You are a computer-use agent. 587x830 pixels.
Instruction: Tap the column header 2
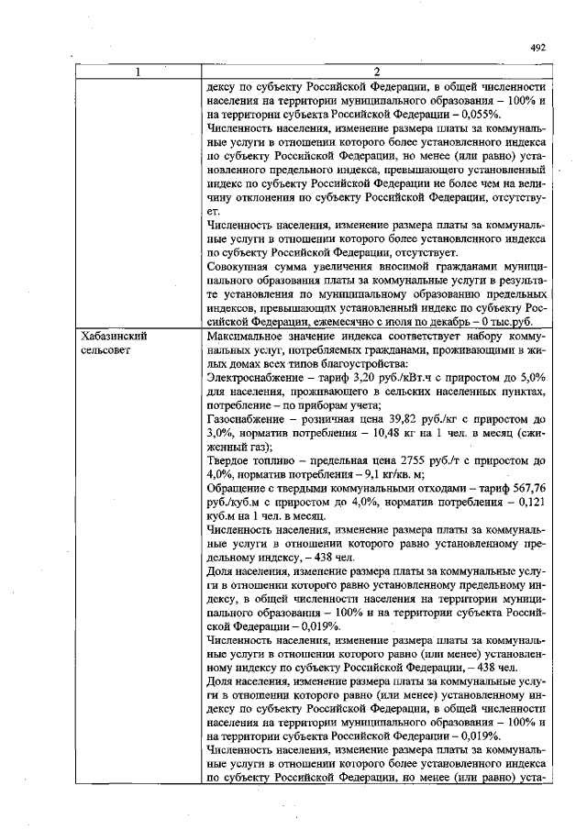378,72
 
